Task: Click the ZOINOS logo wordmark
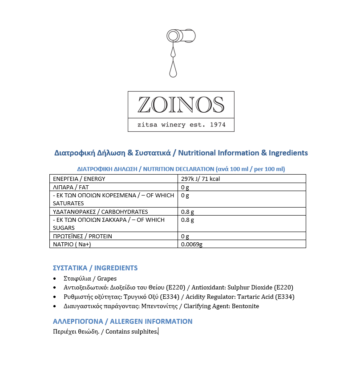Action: (x=181, y=105)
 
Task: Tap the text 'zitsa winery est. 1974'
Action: (x=181, y=125)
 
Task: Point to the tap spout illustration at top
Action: (x=181, y=36)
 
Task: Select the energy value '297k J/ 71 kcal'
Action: (x=201, y=179)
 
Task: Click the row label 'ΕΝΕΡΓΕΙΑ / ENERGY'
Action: (x=79, y=179)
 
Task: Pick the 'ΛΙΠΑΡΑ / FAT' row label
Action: (x=71, y=187)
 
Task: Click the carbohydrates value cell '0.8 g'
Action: (x=187, y=212)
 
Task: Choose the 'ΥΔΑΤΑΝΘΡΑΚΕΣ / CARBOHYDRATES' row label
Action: (x=100, y=212)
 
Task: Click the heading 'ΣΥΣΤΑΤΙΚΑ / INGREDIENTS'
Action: (x=95, y=268)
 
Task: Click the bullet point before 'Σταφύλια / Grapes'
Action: (x=55, y=279)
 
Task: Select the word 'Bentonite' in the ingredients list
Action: (x=245, y=306)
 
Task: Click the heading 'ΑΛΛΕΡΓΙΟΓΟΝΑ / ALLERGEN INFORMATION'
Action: (x=123, y=322)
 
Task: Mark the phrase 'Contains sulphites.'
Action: (x=132, y=332)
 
